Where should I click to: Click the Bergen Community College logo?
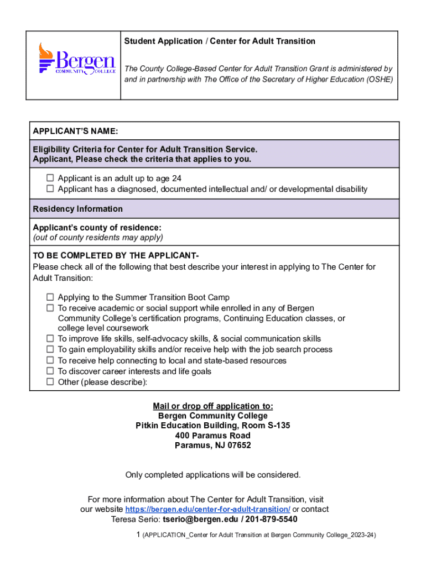(x=76, y=59)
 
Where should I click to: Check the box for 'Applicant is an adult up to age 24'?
(x=50, y=179)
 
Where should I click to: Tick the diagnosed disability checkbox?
(x=50, y=189)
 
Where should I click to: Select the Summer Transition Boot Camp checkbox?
(x=50, y=297)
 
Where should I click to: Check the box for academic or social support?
(x=50, y=308)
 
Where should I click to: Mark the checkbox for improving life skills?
(x=50, y=338)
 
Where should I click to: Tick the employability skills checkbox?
(x=50, y=349)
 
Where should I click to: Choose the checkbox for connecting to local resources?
(x=50, y=360)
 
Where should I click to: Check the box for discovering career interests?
(x=50, y=371)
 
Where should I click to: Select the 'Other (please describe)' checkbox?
(x=50, y=382)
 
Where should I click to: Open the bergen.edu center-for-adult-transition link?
(x=207, y=509)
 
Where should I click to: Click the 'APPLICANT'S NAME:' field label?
(x=75, y=131)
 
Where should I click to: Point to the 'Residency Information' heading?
(x=78, y=209)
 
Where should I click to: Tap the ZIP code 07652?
(x=239, y=446)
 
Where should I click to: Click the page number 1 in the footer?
(x=138, y=535)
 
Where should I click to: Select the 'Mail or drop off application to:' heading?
(x=213, y=406)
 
